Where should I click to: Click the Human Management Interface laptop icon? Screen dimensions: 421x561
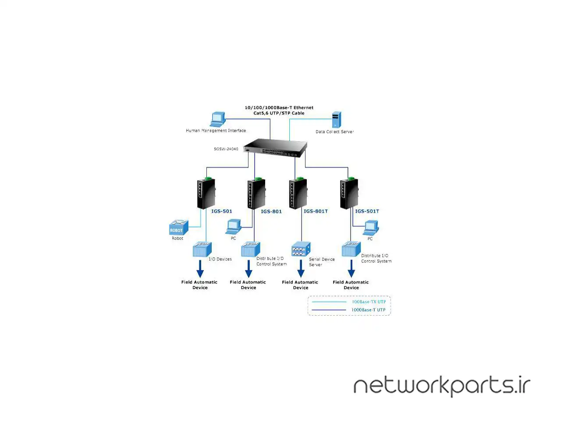[218, 119]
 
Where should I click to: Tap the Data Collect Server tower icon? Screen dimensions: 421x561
[336, 120]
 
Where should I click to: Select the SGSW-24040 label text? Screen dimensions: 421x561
[226, 149]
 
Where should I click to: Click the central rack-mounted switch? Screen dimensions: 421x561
[275, 148]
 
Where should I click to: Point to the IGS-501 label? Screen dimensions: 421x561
[222, 211]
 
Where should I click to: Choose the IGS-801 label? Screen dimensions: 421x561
[271, 211]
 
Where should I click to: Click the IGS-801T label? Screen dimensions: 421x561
[316, 211]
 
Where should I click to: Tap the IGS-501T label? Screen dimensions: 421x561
[367, 211]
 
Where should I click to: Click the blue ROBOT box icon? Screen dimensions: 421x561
[178, 228]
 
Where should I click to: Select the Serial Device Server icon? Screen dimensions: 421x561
[301, 249]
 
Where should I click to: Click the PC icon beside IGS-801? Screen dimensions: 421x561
[234, 227]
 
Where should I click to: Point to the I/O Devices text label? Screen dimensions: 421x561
[220, 259]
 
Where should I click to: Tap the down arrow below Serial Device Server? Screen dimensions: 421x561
[301, 268]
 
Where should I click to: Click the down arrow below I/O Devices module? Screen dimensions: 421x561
[200, 268]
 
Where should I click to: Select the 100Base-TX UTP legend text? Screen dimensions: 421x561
[369, 302]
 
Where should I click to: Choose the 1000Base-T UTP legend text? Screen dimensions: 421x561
[368, 310]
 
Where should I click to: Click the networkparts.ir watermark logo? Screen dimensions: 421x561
[442, 386]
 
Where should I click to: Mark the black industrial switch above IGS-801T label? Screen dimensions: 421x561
[298, 194]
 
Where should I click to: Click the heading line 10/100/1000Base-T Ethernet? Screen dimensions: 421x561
[279, 107]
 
